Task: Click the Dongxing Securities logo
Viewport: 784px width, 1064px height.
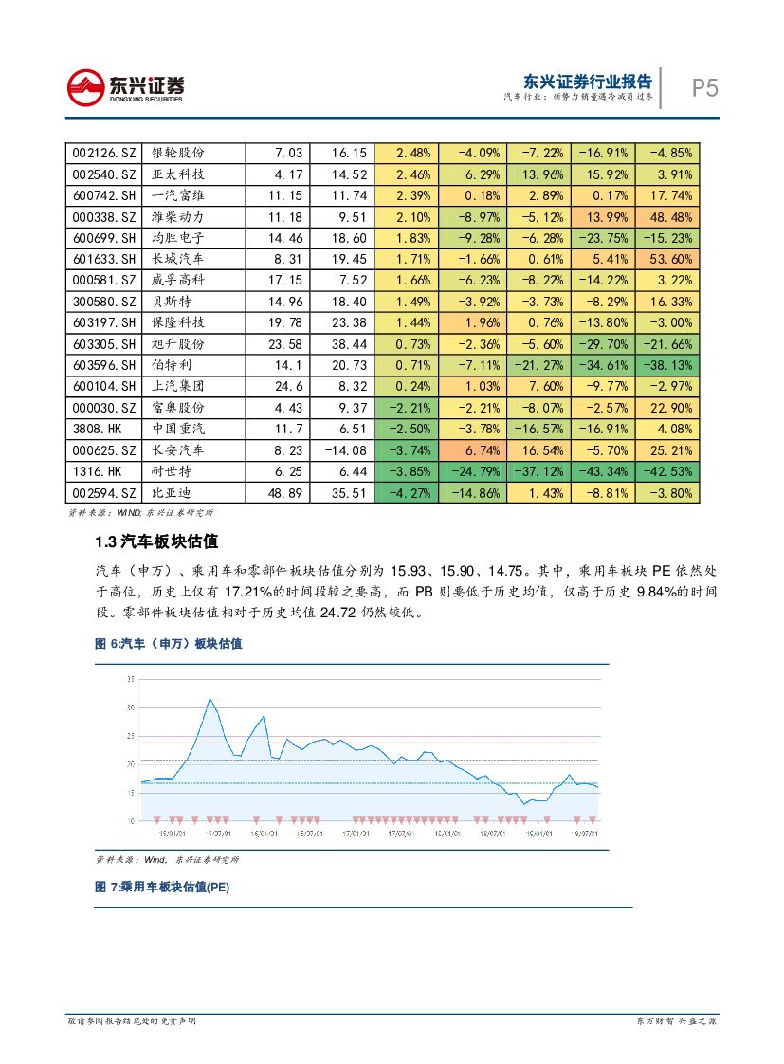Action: pos(125,88)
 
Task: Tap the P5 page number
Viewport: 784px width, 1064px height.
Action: pos(704,88)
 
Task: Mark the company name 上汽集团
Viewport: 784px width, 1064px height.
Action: pos(178,386)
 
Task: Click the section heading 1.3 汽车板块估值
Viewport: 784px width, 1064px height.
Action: pos(156,541)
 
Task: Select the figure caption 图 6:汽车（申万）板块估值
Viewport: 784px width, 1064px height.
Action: pos(168,644)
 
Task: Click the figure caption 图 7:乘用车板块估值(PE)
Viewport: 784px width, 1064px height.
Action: pos(162,888)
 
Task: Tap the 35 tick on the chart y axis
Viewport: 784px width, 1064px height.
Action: pos(130,679)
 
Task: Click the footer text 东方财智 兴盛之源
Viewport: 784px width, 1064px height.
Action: pos(675,1020)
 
